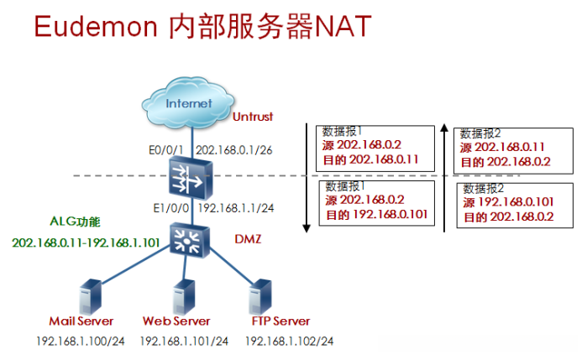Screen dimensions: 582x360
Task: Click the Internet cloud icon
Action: tap(188, 102)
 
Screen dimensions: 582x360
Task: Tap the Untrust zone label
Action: tap(253, 117)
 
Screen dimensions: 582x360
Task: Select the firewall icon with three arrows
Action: tap(191, 178)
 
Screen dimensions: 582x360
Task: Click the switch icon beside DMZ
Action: tap(190, 240)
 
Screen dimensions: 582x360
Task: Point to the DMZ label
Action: tap(248, 239)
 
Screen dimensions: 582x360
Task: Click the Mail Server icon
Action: tap(91, 297)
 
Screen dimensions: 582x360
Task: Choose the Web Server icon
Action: tap(184, 297)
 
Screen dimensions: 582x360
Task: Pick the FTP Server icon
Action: tap(260, 297)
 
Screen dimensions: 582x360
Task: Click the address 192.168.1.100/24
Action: tap(81, 341)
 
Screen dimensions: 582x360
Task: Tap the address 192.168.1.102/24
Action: tap(290, 341)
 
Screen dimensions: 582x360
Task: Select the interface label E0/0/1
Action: tap(166, 150)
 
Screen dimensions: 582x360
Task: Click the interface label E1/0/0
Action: tap(171, 208)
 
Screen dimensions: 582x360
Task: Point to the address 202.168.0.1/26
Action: tap(234, 150)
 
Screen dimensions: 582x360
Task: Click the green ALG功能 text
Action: tap(76, 222)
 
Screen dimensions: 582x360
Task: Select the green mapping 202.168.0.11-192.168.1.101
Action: tap(86, 243)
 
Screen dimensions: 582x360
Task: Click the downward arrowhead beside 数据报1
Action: tap(307, 228)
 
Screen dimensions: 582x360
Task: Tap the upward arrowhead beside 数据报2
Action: tap(444, 128)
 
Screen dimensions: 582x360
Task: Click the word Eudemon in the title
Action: tap(96, 26)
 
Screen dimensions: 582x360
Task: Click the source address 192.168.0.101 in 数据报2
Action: tap(516, 202)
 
